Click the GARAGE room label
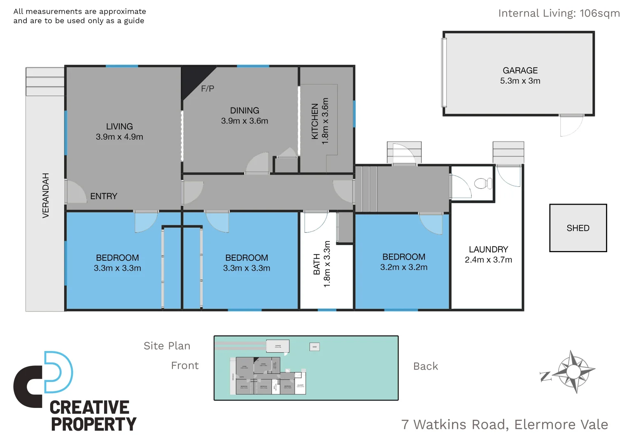click(520, 70)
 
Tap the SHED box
click(578, 228)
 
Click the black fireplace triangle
click(193, 78)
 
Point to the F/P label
click(207, 89)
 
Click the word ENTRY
click(104, 196)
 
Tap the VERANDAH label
click(46, 195)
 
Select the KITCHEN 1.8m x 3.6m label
click(320, 121)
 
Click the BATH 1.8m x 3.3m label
click(322, 264)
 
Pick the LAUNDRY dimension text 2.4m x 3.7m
click(488, 260)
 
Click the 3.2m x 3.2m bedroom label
click(403, 267)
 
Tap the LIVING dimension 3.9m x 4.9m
click(119, 137)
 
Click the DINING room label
click(245, 110)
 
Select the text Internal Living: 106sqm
click(559, 13)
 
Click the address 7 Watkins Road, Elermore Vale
click(504, 424)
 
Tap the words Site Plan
click(167, 346)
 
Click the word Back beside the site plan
click(425, 366)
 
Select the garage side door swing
click(571, 126)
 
